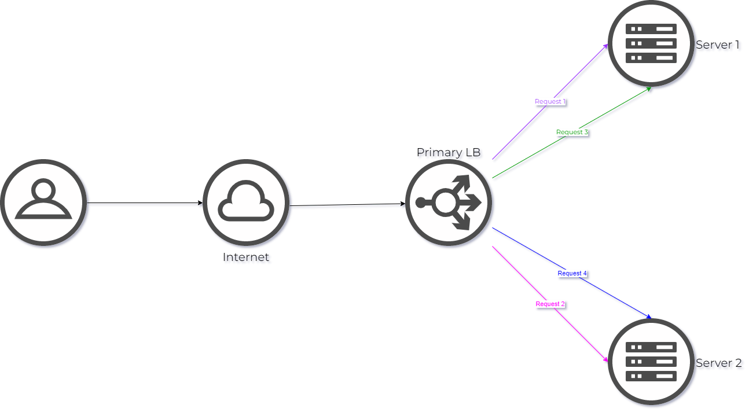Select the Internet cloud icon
point(246,203)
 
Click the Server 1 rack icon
point(651,43)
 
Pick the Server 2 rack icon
point(651,362)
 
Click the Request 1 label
point(550,102)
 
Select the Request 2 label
point(550,304)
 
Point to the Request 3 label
point(572,133)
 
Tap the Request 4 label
point(572,273)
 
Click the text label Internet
point(247,258)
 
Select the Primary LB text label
point(450,153)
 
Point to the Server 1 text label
point(718,46)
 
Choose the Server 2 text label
point(719,364)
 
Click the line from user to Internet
point(145,204)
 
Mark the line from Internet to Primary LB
point(347,206)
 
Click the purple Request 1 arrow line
point(579,72)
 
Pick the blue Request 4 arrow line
point(614,296)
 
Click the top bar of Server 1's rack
point(651,28)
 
